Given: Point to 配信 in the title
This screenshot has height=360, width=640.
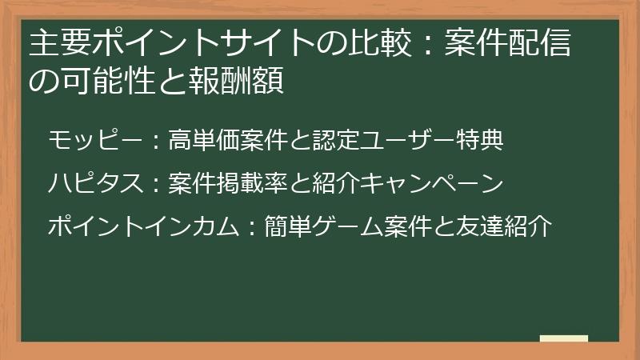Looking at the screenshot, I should (542, 45).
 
